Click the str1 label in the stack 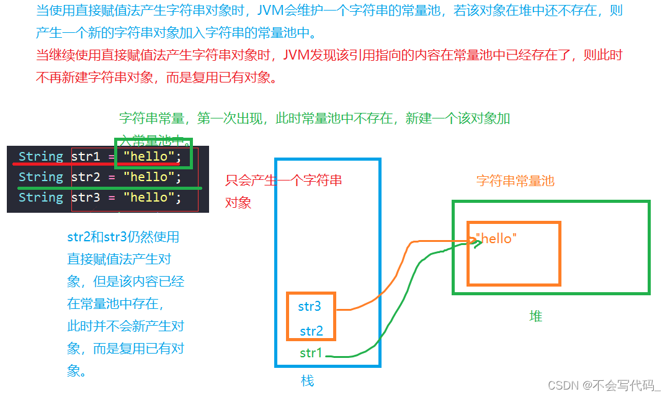[x=311, y=353]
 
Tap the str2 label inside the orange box [x=311, y=331]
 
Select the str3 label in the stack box [x=310, y=306]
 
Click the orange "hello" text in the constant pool [x=496, y=239]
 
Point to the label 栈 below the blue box [x=308, y=381]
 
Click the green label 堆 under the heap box [x=535, y=316]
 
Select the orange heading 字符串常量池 [x=515, y=181]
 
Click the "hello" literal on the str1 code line [x=149, y=157]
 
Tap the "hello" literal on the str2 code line [x=149, y=177]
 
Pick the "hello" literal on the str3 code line [x=149, y=198]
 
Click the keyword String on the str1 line [x=41, y=157]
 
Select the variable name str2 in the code [x=86, y=177]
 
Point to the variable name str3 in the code [x=86, y=198]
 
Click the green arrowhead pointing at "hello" [x=476, y=243]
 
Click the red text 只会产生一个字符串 [x=284, y=181]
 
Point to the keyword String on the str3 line [x=41, y=198]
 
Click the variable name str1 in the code [x=86, y=157]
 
